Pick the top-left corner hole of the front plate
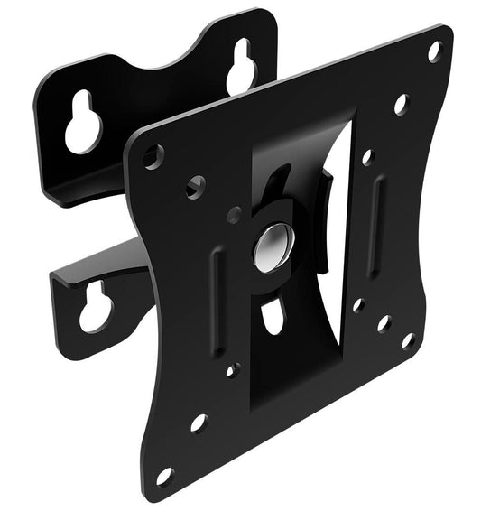pyautogui.click(x=154, y=156)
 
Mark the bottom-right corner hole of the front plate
pyautogui.click(x=408, y=340)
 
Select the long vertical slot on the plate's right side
pyautogui.click(x=376, y=212)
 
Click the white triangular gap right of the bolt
pyautogui.click(x=337, y=226)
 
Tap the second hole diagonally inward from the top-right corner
pyautogui.click(x=401, y=104)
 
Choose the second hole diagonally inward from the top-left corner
pyautogui.click(x=195, y=187)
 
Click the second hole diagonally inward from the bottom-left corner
pyautogui.click(x=198, y=423)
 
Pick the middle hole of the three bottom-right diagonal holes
pyautogui.click(x=383, y=322)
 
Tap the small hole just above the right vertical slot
pyautogui.click(x=366, y=157)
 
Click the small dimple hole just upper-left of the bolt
pyautogui.click(x=234, y=216)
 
